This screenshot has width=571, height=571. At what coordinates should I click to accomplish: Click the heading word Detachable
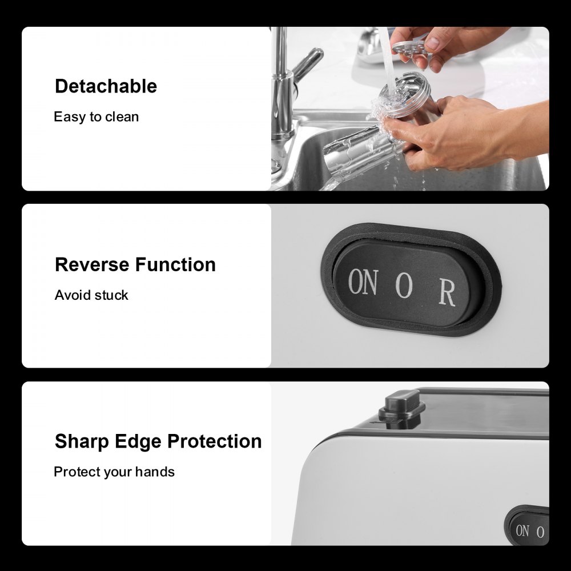(x=106, y=86)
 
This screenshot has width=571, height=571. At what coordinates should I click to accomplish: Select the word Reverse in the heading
(x=92, y=265)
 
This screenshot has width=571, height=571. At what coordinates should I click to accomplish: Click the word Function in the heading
(x=175, y=265)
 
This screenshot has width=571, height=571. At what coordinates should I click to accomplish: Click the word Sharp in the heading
(x=82, y=442)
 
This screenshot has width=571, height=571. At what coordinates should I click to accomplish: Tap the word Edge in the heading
(x=138, y=442)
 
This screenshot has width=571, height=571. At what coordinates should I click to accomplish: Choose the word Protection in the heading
(x=215, y=441)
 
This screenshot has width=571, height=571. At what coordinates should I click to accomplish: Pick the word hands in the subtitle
(x=155, y=472)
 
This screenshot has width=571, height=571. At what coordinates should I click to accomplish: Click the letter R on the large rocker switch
(x=447, y=292)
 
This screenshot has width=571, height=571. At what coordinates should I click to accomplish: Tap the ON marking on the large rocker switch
(x=363, y=282)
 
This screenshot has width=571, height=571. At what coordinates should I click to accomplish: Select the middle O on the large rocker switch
(x=404, y=285)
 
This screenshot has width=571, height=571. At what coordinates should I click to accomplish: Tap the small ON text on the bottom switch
(x=522, y=530)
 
